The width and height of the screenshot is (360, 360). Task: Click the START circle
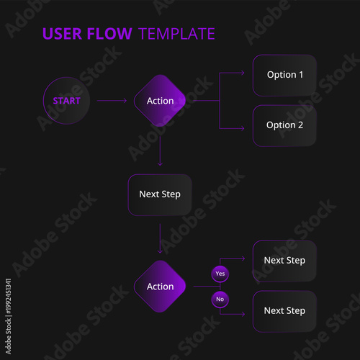pos(66,101)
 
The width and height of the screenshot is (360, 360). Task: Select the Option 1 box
pos(284,75)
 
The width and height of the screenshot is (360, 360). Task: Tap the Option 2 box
pos(284,125)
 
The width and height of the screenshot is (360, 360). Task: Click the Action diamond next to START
pos(160,101)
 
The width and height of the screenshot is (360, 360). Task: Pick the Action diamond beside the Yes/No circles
pos(160,287)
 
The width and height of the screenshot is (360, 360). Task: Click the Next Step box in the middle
pos(160,194)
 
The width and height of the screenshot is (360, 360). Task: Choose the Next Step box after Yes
pos(284,261)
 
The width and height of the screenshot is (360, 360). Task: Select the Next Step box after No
pos(284,311)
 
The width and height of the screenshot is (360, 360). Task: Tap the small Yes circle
pos(220,274)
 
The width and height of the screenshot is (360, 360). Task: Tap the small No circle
pos(220,299)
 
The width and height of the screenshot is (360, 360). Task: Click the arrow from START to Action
pos(112,101)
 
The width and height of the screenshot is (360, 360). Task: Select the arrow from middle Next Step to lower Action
pos(160,238)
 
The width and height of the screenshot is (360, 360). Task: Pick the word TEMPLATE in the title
pos(176,34)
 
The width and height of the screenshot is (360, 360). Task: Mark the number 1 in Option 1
pos(300,75)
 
